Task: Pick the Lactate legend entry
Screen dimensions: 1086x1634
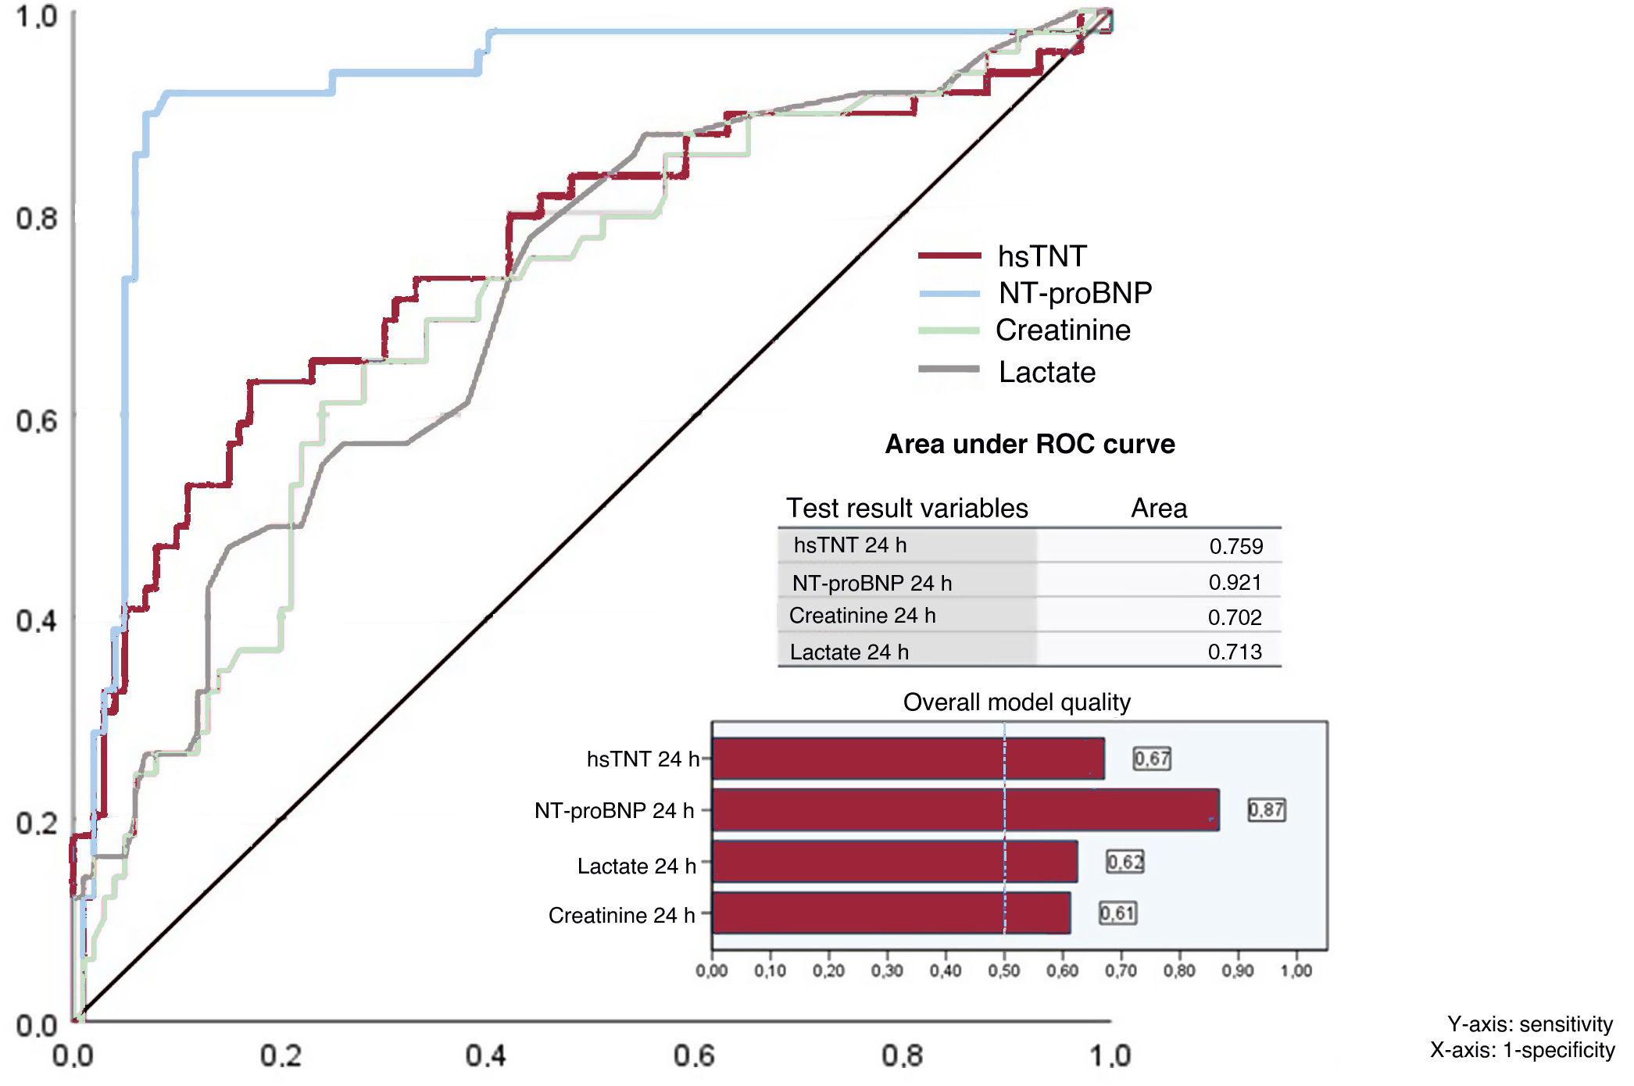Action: click(1046, 372)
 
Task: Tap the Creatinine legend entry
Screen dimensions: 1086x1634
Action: click(1062, 330)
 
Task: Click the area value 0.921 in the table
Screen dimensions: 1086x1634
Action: click(1235, 582)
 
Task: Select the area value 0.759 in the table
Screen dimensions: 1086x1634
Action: click(1235, 546)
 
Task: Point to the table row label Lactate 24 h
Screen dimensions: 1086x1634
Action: click(849, 652)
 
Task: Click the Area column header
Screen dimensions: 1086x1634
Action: click(1158, 508)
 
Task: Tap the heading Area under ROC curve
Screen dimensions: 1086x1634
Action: click(1029, 444)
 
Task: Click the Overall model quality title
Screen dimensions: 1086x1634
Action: click(1017, 702)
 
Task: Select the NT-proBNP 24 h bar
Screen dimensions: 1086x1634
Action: click(965, 809)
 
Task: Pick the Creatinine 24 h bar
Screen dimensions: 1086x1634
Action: click(891, 913)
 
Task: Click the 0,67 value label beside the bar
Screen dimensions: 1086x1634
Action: click(1152, 758)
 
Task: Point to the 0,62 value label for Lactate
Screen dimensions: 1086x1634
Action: click(1124, 862)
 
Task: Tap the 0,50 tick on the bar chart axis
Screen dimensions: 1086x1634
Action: click(1004, 970)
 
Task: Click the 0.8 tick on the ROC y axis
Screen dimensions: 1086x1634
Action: click(36, 218)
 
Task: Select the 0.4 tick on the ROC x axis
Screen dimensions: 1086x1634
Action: click(485, 1056)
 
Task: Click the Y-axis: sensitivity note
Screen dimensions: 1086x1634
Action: click(1529, 1023)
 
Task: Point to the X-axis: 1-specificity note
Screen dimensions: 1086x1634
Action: click(1521, 1049)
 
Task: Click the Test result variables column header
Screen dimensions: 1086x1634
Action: click(906, 508)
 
